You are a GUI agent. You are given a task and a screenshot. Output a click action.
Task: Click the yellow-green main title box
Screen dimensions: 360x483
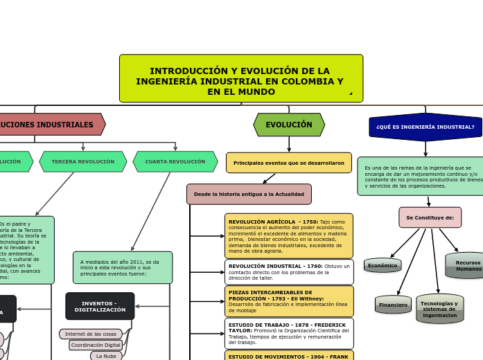[240, 79]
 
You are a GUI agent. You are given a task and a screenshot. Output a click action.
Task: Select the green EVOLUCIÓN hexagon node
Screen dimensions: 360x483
[289, 125]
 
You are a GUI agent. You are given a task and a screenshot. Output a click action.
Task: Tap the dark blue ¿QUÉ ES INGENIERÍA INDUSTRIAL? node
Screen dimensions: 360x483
[425, 127]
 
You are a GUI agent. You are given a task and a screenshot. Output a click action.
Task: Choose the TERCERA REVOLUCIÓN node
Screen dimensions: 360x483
[83, 162]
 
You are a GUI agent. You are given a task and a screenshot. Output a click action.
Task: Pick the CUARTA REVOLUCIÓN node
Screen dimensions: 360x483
[175, 162]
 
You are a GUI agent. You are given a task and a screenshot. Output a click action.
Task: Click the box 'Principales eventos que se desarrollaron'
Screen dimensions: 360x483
[288, 163]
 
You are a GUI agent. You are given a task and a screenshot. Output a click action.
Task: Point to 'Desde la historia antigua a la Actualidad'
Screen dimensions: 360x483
[249, 194]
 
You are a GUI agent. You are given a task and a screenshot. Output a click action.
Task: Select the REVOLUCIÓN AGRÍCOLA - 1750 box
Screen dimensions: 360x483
[288, 235]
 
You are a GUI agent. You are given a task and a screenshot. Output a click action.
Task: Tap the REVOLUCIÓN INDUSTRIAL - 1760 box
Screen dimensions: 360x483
[288, 271]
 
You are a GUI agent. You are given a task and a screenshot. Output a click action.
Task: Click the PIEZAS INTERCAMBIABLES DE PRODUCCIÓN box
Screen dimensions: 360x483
[288, 301]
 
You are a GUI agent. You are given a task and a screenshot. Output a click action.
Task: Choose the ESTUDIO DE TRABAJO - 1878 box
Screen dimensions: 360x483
[288, 333]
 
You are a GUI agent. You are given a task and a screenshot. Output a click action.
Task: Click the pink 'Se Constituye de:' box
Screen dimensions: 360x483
[430, 217]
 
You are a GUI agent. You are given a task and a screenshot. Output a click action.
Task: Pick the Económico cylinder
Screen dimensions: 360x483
[383, 265]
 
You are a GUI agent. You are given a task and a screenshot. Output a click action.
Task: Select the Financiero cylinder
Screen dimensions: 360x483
[393, 305]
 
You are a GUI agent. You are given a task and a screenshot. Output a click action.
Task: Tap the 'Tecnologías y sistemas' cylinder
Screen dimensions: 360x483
[439, 309]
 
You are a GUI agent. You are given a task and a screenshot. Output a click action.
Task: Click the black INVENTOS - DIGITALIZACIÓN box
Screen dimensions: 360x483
[100, 306]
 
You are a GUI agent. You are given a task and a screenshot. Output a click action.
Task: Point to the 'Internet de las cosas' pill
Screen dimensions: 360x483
[91, 334]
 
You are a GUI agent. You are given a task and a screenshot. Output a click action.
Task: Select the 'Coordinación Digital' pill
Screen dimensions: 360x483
[96, 345]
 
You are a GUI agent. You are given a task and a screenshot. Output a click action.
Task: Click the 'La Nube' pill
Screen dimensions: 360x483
[106, 356]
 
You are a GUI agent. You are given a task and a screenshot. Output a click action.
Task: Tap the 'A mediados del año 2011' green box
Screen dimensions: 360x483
[122, 267]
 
